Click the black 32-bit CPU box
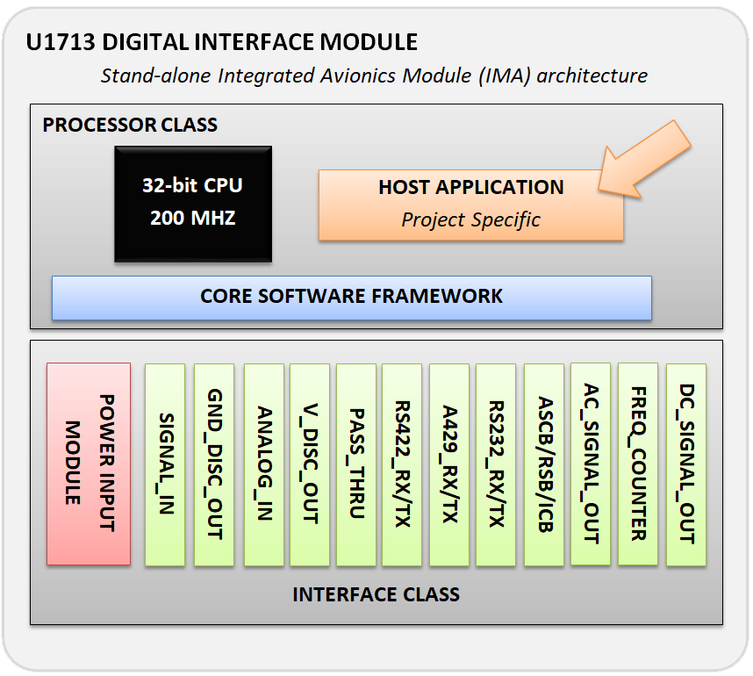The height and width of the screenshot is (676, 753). click(193, 205)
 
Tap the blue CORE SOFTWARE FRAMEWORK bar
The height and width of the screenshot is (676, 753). click(352, 298)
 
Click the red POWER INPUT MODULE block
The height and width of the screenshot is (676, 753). click(89, 464)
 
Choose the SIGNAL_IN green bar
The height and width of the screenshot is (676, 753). click(165, 464)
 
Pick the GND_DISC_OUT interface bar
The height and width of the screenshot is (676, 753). click(214, 464)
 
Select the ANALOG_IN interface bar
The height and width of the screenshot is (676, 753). click(264, 464)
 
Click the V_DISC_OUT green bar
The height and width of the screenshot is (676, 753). click(310, 464)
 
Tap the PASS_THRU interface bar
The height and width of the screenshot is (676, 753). click(356, 464)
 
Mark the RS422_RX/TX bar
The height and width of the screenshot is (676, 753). click(402, 464)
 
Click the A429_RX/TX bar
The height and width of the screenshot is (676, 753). click(449, 464)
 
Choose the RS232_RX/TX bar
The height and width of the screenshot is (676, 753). click(496, 464)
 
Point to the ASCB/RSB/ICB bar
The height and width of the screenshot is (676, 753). click(544, 464)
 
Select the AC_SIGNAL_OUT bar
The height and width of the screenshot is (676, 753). click(591, 464)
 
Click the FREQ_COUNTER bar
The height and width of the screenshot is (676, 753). click(638, 464)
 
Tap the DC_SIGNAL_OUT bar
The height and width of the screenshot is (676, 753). click(686, 464)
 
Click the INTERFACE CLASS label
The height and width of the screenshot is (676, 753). click(376, 595)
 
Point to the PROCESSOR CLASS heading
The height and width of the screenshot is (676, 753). click(130, 125)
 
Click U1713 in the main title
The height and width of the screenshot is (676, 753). click(61, 42)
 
